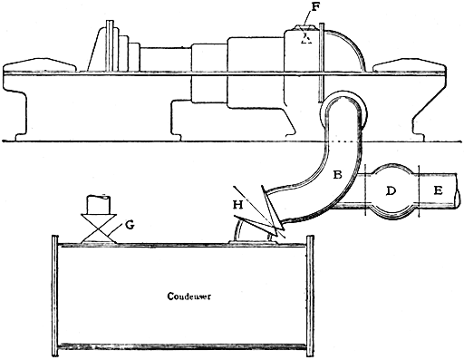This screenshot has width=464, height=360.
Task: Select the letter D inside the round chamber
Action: [x=391, y=191]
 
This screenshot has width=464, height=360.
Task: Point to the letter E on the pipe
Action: [x=438, y=191]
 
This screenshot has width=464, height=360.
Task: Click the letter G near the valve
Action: [x=130, y=225]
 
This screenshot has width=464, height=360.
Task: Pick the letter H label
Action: [x=239, y=206]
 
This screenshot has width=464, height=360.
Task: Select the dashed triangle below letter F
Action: [x=308, y=38]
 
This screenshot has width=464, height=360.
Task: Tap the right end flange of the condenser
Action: [x=310, y=294]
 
